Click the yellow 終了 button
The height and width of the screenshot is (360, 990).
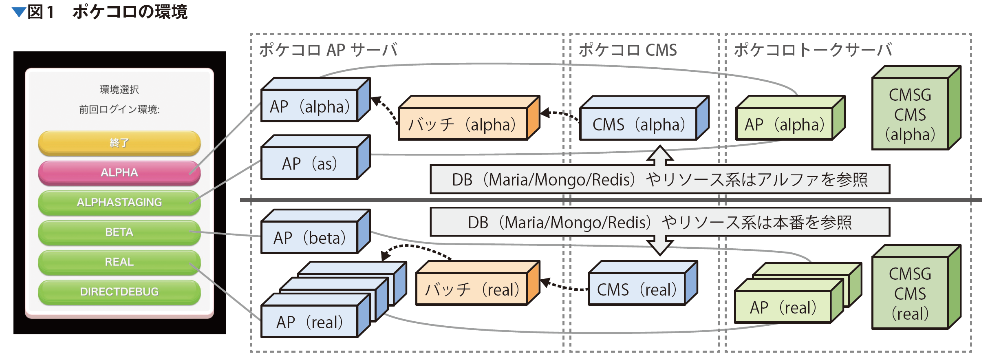coord(119,143)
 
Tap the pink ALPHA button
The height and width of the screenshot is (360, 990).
coord(119,172)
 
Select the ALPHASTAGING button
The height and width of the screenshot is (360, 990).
coord(119,202)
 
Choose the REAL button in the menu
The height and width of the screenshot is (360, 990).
coord(119,262)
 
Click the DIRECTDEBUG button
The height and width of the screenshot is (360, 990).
coord(119,292)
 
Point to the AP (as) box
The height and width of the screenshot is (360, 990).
coord(315,157)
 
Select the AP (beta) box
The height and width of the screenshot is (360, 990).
coord(315,232)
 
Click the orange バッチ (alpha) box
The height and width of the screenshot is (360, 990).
coord(469,118)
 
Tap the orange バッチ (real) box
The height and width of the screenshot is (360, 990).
coord(478,283)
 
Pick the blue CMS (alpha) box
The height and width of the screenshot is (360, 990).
coord(644,118)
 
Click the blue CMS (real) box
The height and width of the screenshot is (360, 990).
coord(643,283)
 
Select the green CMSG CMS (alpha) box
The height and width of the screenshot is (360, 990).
coord(916,108)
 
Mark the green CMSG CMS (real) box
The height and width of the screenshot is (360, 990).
coord(916,287)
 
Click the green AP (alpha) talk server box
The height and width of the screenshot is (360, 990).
coord(790,118)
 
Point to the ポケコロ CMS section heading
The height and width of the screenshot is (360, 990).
coord(628,50)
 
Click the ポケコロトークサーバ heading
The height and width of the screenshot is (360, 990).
coord(813,50)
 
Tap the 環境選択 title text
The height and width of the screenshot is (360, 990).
coord(119,89)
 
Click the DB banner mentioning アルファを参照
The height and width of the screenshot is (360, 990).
coord(660,179)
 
